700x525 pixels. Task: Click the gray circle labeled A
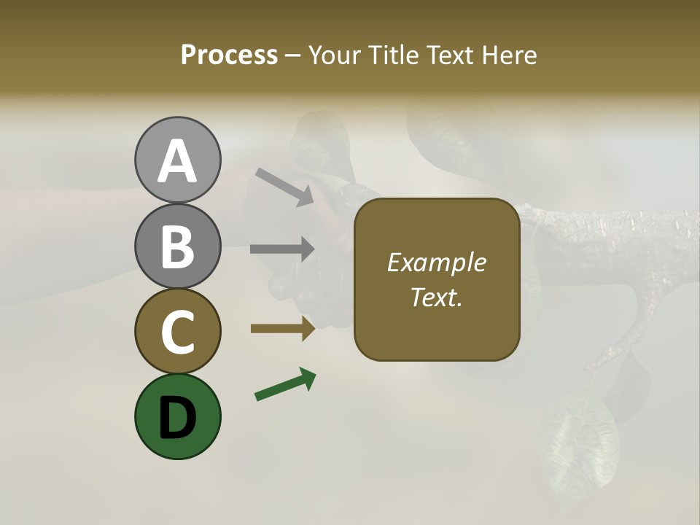(x=177, y=160)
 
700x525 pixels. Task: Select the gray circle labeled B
(x=177, y=246)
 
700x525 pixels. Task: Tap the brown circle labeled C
(x=177, y=331)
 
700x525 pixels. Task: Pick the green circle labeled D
(x=177, y=416)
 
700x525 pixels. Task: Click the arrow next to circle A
(x=284, y=186)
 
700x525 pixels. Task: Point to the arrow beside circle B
(x=282, y=249)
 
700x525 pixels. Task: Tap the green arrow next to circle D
(x=285, y=384)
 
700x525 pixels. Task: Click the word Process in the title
(x=229, y=55)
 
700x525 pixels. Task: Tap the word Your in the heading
(x=338, y=55)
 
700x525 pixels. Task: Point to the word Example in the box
(x=436, y=262)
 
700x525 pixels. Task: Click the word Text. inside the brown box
(x=436, y=297)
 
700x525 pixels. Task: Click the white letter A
(x=177, y=161)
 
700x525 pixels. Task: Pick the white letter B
(x=177, y=246)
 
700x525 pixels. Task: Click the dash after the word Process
(x=293, y=56)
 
